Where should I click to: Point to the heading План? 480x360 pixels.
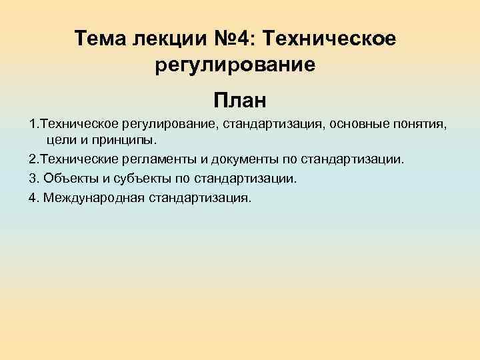239,101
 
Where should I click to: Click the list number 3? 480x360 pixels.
32,179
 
